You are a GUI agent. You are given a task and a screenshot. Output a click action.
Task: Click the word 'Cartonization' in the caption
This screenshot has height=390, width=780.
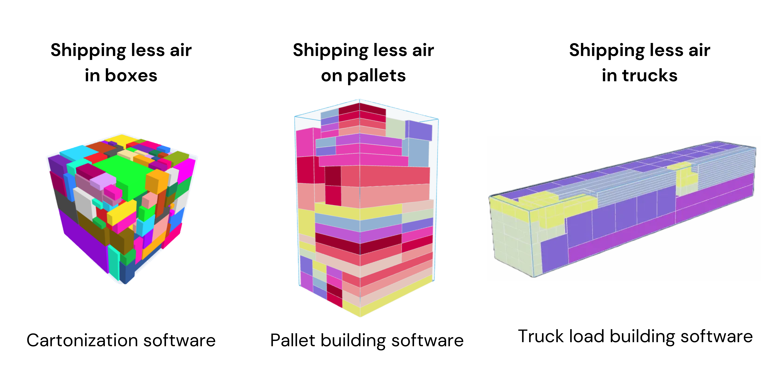(x=82, y=340)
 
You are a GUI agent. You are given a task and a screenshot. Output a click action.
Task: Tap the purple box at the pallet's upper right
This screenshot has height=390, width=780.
(x=419, y=130)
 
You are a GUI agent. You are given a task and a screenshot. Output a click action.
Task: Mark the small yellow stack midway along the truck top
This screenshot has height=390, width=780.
(x=686, y=176)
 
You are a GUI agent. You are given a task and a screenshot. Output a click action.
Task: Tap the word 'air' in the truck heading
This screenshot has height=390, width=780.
(x=699, y=50)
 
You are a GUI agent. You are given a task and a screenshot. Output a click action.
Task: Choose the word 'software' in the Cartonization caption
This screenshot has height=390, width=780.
(x=179, y=340)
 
